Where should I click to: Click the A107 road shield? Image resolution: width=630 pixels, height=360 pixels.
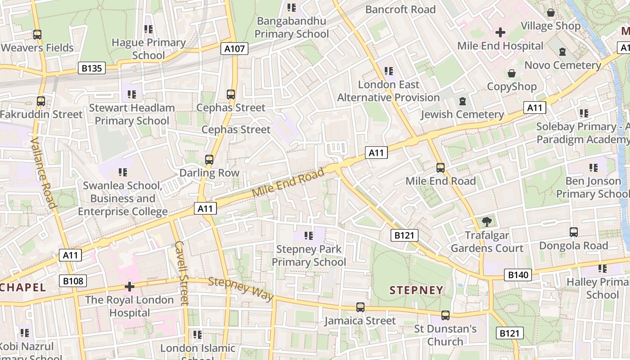pyautogui.click(x=234, y=49)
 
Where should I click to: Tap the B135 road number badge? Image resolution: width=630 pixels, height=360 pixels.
pyautogui.click(x=92, y=68)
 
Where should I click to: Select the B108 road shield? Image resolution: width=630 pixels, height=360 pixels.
pyautogui.click(x=73, y=281)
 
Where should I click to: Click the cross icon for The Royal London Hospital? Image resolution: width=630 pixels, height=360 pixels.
pyautogui.click(x=130, y=287)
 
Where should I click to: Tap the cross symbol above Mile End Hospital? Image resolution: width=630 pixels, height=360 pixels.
pyautogui.click(x=500, y=32)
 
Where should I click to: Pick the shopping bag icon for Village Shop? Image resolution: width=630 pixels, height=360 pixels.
pyautogui.click(x=550, y=13)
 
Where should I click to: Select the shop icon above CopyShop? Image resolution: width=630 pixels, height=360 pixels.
pyautogui.click(x=512, y=73)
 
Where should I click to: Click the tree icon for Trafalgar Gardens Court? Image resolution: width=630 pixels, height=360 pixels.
pyautogui.click(x=486, y=221)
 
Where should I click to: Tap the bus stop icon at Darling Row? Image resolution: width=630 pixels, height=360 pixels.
pyautogui.click(x=209, y=159)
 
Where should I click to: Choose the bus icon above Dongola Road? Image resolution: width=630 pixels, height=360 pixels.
pyautogui.click(x=573, y=232)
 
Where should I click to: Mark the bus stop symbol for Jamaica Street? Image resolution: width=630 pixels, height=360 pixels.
pyautogui.click(x=360, y=307)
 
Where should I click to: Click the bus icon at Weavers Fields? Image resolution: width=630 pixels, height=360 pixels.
pyautogui.click(x=37, y=34)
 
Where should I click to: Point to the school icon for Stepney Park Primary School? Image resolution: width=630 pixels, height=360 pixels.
pyautogui.click(x=308, y=235)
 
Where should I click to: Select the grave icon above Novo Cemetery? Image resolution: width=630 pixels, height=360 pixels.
pyautogui.click(x=562, y=52)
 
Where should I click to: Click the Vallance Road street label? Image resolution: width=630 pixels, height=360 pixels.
pyautogui.click(x=44, y=173)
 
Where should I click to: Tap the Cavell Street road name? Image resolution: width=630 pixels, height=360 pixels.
pyautogui.click(x=181, y=273)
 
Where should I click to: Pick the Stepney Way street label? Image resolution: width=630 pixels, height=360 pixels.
pyautogui.click(x=241, y=289)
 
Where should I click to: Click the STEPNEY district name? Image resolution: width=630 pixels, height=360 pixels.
pyautogui.click(x=416, y=290)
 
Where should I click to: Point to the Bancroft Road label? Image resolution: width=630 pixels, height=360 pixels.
pyautogui.click(x=400, y=9)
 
